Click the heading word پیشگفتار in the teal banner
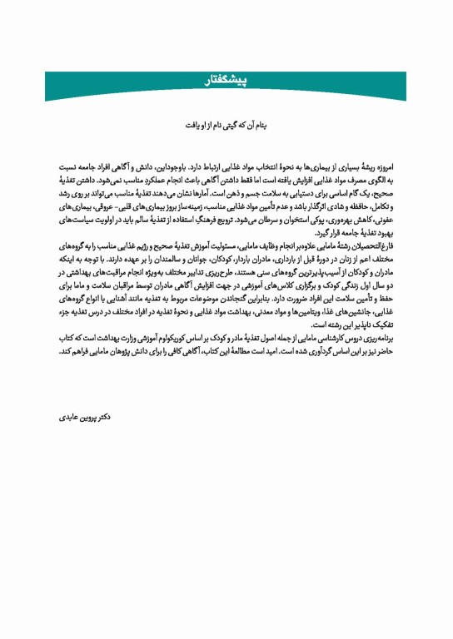pyautogui.click(x=226, y=82)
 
